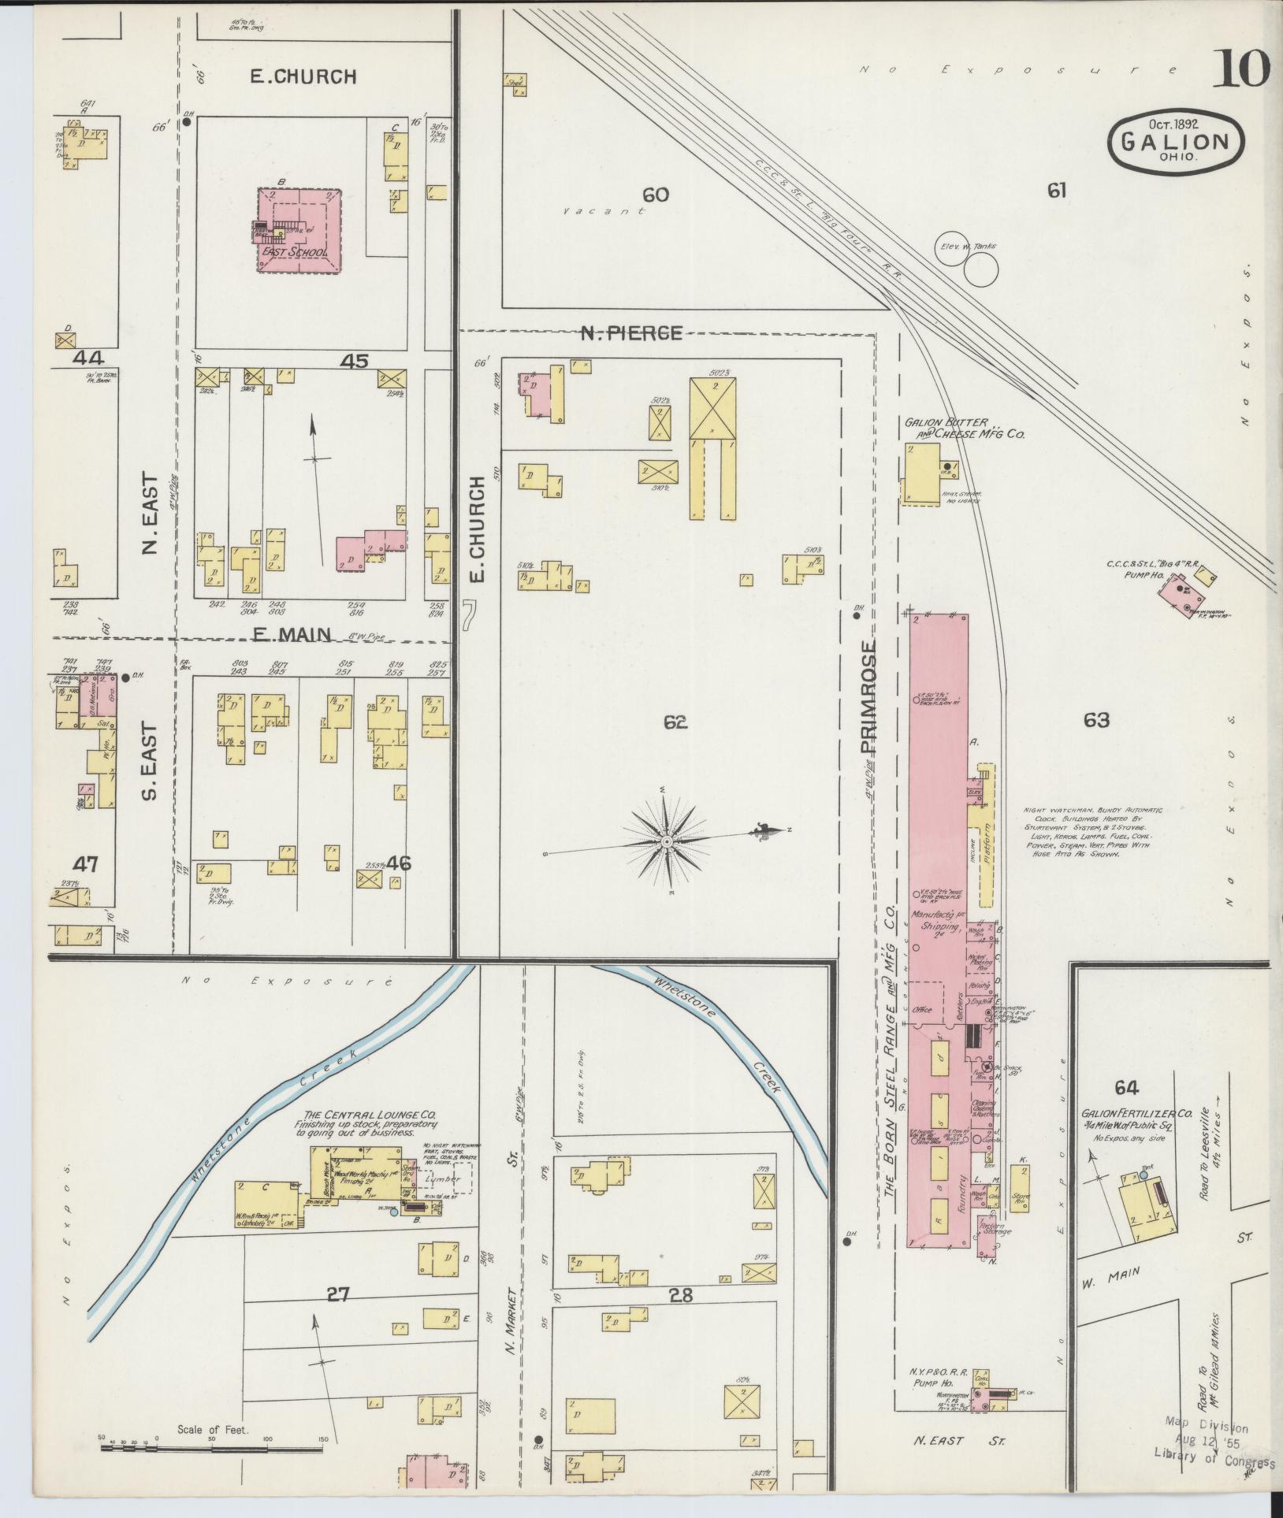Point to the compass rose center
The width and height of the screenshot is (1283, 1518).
pos(667,842)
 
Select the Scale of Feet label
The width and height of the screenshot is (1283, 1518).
pos(213,1429)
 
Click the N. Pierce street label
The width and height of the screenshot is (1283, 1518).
pos(631,333)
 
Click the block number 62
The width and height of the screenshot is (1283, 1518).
pos(675,722)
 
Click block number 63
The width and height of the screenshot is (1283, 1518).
pos(1096,719)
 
